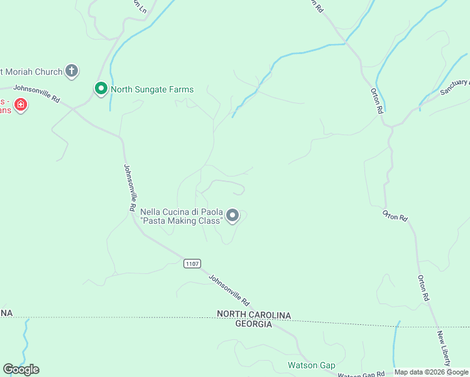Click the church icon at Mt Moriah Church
72,70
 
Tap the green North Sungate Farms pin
101,89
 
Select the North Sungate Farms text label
152,89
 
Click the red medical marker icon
21,104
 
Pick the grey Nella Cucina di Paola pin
232,216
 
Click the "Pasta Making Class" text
182,221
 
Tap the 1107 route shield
192,263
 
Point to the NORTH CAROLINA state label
254,314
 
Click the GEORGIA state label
253,324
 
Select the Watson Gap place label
311,365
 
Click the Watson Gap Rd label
364,373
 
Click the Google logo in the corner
21,369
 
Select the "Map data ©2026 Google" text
431,372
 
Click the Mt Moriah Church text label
31,70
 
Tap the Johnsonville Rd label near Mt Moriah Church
36,94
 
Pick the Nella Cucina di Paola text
181,212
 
